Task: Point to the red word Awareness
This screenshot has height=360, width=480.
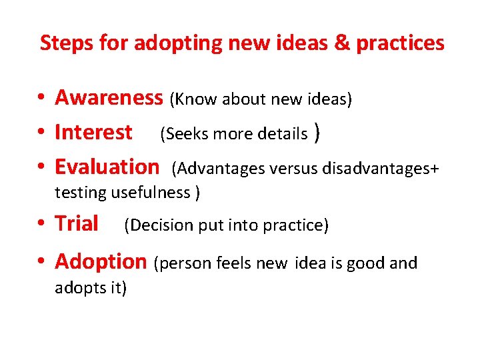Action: point(109,98)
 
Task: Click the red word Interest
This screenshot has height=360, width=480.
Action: point(93,133)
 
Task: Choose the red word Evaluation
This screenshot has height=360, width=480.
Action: point(107,167)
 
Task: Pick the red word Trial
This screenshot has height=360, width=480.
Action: point(77,223)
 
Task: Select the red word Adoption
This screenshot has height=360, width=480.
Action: point(100,262)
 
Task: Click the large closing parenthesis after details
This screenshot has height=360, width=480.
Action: point(318,133)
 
